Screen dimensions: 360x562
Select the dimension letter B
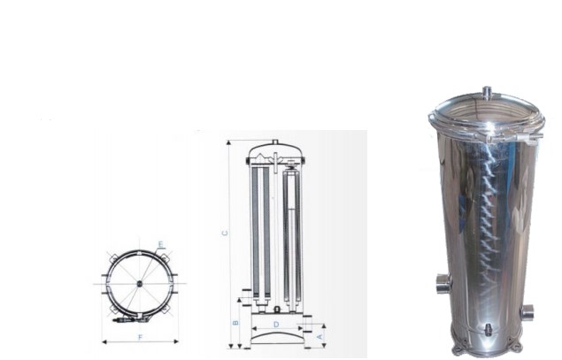[x=235, y=322]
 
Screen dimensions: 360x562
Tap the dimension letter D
[x=276, y=325]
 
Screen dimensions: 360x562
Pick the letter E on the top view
[x=160, y=244]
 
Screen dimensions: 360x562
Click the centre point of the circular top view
[x=139, y=283]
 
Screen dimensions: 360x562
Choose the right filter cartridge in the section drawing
[x=291, y=234]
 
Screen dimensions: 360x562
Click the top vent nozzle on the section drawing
[x=275, y=142]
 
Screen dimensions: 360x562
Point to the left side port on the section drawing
[x=248, y=289]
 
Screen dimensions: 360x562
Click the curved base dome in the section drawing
[x=276, y=336]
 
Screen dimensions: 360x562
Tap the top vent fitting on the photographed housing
[x=486, y=91]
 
